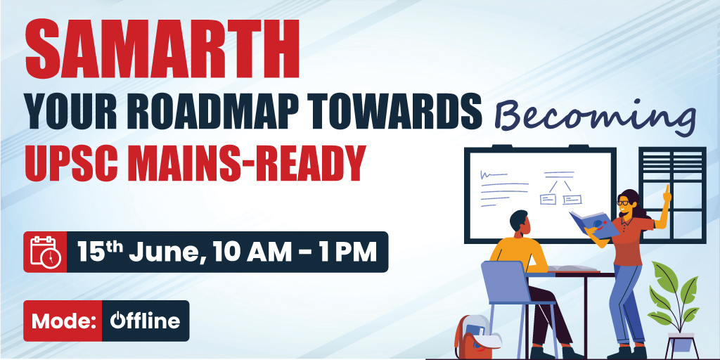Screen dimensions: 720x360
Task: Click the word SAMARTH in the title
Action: tap(162, 49)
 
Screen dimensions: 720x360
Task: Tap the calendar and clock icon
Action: tap(46, 252)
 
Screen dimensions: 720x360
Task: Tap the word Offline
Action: tap(145, 320)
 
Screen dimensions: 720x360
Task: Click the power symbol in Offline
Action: tap(117, 320)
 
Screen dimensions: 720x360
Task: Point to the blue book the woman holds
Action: tap(594, 224)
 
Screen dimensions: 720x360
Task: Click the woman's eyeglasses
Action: tap(623, 202)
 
